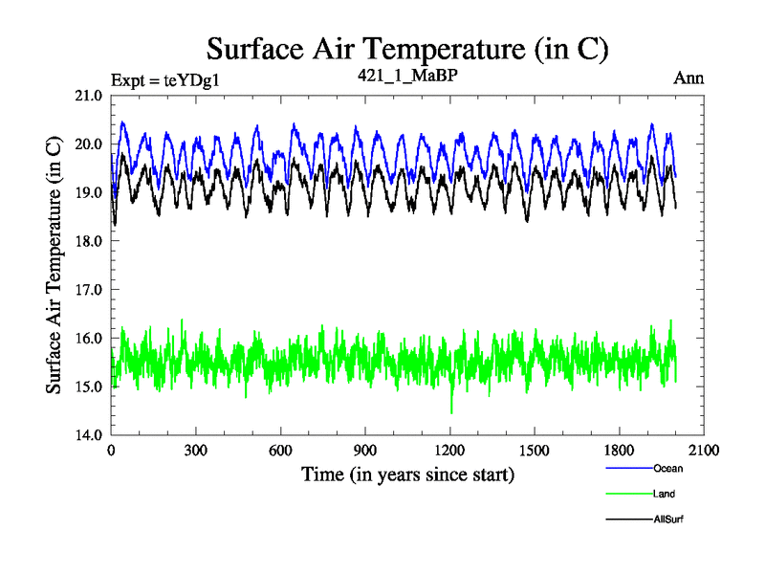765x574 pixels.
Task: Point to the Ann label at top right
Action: (x=688, y=78)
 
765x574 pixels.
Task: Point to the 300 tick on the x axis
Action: (x=196, y=451)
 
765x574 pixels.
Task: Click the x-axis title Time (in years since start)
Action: (x=407, y=475)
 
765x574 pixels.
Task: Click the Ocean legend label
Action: (x=667, y=469)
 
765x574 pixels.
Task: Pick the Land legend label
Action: (x=665, y=494)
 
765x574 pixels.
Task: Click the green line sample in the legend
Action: (x=628, y=494)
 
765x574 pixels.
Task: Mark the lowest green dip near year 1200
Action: (x=451, y=412)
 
